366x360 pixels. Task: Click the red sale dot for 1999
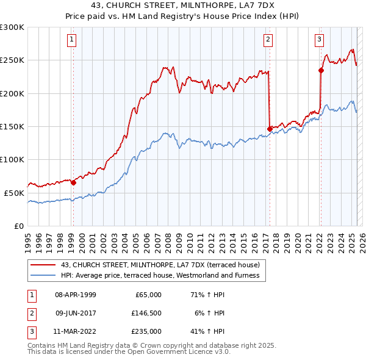click(x=73, y=182)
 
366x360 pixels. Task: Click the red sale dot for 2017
click(x=270, y=128)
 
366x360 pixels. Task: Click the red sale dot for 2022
click(x=321, y=70)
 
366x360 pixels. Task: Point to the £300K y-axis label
click(x=12, y=27)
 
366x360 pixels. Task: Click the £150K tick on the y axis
click(x=12, y=126)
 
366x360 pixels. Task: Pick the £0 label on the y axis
click(x=18, y=225)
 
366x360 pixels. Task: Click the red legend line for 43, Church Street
click(x=43, y=265)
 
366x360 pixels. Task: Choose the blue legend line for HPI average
click(x=43, y=275)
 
